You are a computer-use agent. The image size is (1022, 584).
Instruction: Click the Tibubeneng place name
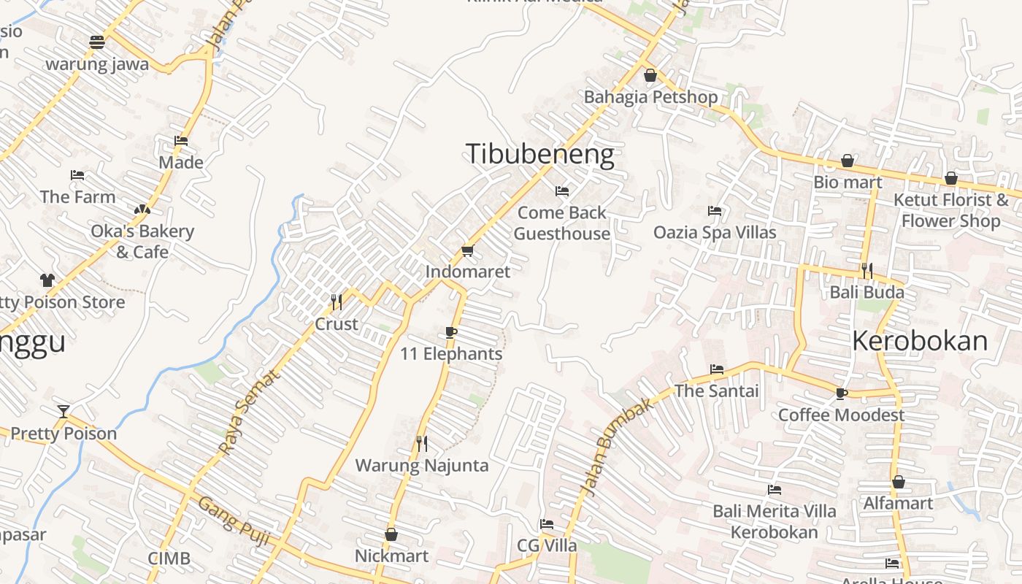point(539,155)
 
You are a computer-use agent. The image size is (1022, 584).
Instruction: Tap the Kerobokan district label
point(919,341)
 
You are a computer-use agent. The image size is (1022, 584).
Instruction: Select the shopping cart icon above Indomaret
point(467,251)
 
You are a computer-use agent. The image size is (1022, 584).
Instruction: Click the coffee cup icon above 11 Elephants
point(450,333)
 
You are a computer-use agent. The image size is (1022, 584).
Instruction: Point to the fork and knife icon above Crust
point(336,301)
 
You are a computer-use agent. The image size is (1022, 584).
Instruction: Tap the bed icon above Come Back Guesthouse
point(561,191)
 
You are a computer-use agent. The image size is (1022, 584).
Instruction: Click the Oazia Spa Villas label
point(715,232)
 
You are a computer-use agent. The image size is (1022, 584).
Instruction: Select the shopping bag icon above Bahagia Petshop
point(650,75)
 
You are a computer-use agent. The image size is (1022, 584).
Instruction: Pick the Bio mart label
point(848,182)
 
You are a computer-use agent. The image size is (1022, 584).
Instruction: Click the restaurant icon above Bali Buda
point(867,271)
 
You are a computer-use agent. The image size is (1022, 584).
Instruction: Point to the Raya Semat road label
point(249,412)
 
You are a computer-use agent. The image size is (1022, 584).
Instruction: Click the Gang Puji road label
point(234,521)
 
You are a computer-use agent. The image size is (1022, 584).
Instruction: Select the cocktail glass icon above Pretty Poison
point(64,412)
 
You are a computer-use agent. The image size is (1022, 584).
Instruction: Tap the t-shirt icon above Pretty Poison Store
point(47,280)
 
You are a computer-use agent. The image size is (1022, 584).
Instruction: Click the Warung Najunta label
point(421,465)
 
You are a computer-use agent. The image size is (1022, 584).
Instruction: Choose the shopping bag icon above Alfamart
point(898,482)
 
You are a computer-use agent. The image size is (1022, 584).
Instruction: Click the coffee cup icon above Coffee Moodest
point(841,393)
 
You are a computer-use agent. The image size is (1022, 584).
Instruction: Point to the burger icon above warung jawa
point(97,42)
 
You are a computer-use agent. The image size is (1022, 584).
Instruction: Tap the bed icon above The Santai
point(716,369)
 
